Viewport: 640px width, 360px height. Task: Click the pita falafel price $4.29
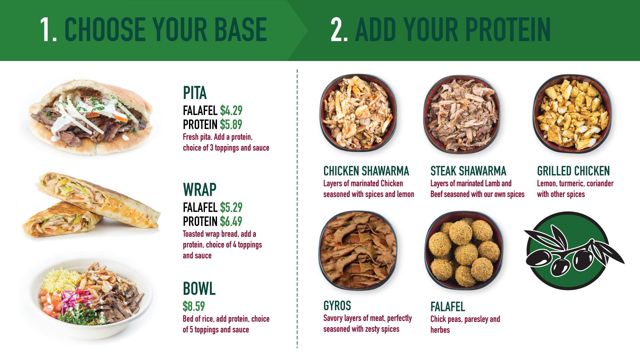(231, 110)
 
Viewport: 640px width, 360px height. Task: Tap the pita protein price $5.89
(231, 124)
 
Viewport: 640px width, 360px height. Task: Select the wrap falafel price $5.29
(231, 207)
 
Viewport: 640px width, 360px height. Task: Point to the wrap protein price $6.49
(231, 221)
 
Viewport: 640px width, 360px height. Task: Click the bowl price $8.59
(194, 306)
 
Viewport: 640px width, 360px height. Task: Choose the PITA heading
(195, 93)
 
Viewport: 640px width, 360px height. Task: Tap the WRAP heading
(200, 190)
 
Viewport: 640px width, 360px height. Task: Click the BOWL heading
(199, 288)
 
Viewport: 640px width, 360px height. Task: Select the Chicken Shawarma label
(366, 171)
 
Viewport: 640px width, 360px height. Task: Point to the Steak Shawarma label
(468, 171)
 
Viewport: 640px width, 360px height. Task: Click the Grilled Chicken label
(573, 171)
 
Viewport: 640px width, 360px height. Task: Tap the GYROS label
(337, 306)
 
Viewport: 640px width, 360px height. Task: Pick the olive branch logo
(573, 251)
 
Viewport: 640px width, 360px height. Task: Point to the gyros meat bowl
(358, 251)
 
